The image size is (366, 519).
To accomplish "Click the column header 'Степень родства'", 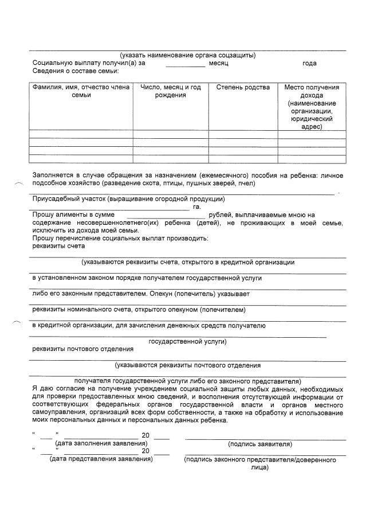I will [x=243, y=88].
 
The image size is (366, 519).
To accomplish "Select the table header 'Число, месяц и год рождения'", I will [x=170, y=91].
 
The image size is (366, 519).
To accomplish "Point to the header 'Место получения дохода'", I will [x=312, y=91].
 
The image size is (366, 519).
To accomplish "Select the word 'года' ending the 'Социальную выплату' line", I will [x=309, y=63].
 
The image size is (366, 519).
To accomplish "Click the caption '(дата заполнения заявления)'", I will [x=101, y=443].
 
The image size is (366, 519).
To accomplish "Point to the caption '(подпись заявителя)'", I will [x=260, y=444].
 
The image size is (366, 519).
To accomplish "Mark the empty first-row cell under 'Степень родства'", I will [x=243, y=134].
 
